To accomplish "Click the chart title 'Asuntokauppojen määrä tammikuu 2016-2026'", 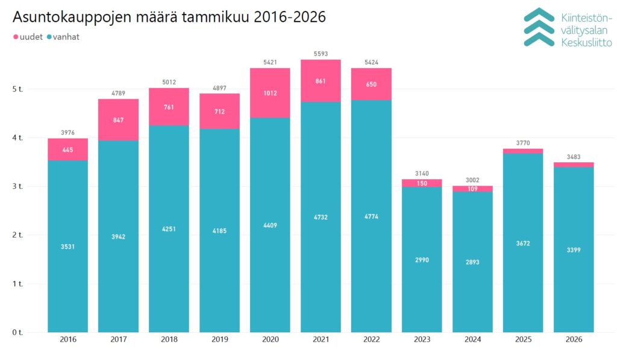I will point(169,17).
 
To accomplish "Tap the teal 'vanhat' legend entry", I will point(63,37).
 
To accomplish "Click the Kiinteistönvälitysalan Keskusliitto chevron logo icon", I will point(538,27).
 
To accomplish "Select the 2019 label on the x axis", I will point(219,339).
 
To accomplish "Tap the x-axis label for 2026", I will point(574,339).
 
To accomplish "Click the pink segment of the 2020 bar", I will point(270,93).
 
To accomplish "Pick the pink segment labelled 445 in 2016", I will point(67,150).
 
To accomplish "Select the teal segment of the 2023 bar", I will point(422,259).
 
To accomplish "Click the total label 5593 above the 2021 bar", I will point(321,54).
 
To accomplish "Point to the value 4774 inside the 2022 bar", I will point(371,216).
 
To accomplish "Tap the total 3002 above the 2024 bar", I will point(472,180).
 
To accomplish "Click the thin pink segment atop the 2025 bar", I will point(523,151).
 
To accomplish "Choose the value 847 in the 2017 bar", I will point(118,120).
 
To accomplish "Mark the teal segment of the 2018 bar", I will point(169,229).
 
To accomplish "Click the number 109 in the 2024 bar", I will point(472,189).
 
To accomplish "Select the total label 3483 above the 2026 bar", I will point(574,157).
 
